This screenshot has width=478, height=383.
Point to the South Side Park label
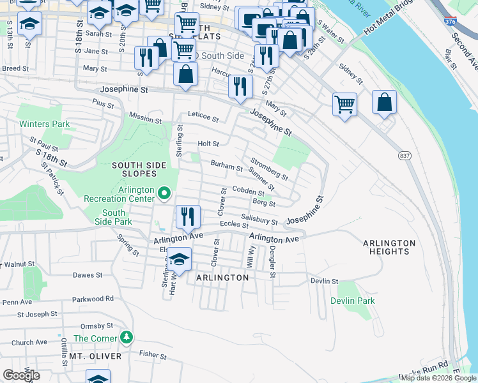[113, 217]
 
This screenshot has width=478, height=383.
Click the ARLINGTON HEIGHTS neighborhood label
[389, 247]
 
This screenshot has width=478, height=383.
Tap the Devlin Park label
[352, 301]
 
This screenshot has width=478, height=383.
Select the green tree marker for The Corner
[127, 336]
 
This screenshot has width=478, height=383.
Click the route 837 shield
[405, 156]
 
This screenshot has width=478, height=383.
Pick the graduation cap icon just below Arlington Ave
[180, 259]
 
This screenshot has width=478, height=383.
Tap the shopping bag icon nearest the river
[384, 102]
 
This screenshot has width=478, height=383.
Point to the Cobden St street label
[248, 191]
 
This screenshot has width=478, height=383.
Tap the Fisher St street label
[153, 355]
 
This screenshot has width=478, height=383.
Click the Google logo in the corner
[21, 375]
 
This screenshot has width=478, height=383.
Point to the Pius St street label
[102, 102]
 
